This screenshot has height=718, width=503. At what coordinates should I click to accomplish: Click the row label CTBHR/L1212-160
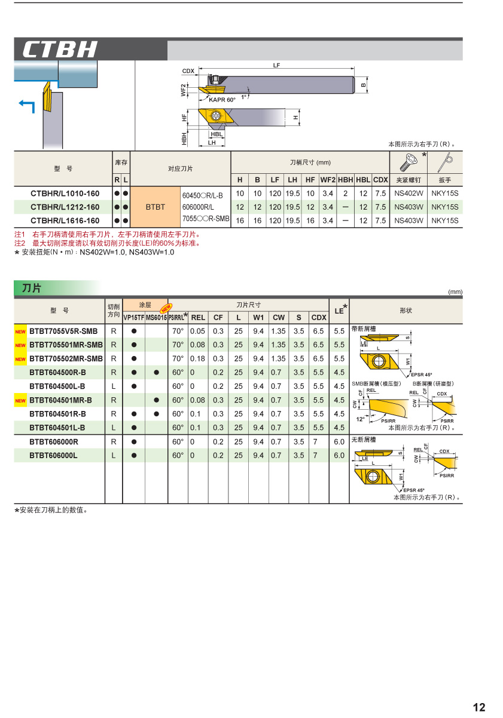point(65,207)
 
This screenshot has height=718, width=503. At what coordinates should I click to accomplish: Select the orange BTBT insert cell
point(155,207)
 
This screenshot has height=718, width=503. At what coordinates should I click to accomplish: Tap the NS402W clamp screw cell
point(409,194)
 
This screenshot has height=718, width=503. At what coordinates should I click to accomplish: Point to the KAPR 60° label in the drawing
point(222,100)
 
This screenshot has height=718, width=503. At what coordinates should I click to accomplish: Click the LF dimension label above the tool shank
point(276,65)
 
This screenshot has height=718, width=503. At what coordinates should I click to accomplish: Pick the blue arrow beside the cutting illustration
point(27,105)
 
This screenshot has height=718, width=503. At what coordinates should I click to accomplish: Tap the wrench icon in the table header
point(446,162)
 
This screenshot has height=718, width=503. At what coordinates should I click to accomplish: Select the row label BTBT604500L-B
point(57,386)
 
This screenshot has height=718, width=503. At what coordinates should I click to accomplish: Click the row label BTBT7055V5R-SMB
point(63,331)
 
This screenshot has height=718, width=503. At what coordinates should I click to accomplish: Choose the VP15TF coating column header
point(133,318)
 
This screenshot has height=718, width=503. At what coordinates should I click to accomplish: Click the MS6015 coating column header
point(156,318)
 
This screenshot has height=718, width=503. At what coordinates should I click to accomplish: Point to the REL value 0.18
point(197,359)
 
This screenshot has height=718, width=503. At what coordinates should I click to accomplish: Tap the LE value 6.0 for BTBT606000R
point(339,442)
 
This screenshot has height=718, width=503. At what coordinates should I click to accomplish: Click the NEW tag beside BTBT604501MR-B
point(20,401)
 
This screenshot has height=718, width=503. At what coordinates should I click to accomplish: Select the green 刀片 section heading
point(32,289)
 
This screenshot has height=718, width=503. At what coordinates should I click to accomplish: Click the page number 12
point(479,707)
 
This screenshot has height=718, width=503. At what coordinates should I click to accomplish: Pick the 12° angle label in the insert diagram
point(360,419)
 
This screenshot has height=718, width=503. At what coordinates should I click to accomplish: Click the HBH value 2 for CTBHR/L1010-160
point(345,194)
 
